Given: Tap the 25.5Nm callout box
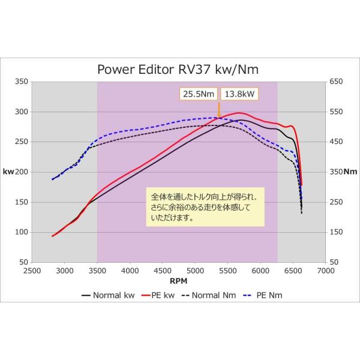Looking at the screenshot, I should click(x=199, y=94).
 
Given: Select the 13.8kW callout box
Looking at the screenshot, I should click(x=239, y=94).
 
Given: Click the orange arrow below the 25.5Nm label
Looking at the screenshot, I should click(x=218, y=110).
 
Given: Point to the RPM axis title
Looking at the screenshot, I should click(x=178, y=280).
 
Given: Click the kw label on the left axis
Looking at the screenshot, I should click(x=8, y=172).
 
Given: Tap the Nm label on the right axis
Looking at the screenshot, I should click(x=350, y=172).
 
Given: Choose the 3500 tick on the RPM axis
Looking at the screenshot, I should click(x=97, y=271).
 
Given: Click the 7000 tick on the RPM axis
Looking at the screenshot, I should click(x=326, y=271).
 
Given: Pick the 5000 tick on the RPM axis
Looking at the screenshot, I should click(x=195, y=271).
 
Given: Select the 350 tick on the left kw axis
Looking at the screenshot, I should click(x=21, y=82).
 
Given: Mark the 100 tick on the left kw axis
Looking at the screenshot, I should click(x=21, y=232).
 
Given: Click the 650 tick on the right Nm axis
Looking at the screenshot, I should click(x=335, y=82).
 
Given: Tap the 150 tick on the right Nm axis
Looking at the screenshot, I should click(x=335, y=232).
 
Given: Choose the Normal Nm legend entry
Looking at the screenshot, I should click(x=207, y=295).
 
